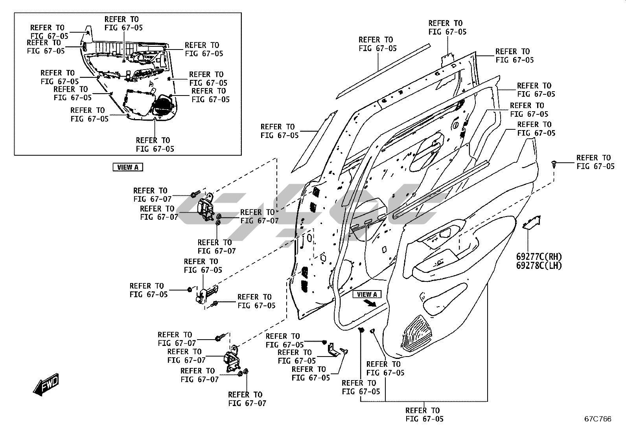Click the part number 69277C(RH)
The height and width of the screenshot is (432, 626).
pos(539,257)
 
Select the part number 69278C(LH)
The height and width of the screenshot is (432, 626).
pos(539,265)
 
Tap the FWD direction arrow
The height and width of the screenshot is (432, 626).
pos(46,384)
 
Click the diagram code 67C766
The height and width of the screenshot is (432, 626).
pos(598,419)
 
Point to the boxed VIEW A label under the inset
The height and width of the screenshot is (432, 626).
pos(128,167)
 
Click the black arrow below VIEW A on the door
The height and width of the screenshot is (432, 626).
pos(370,303)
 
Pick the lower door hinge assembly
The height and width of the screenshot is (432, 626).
pos(232,359)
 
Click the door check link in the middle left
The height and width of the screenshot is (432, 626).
pos(206,294)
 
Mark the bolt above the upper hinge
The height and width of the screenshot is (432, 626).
pos(195,194)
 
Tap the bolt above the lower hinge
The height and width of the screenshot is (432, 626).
pos(221,337)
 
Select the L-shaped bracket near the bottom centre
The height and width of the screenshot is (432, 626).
pos(333,349)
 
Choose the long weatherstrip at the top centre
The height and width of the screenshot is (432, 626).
pos(383,71)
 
